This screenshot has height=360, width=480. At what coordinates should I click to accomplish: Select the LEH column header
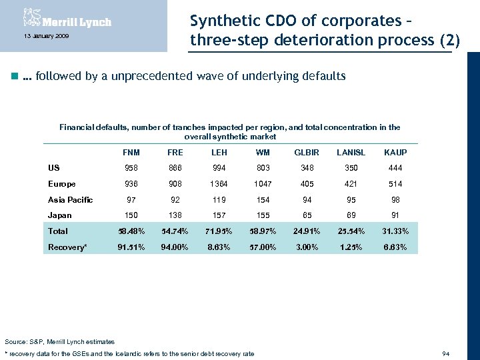pyautogui.click(x=219, y=153)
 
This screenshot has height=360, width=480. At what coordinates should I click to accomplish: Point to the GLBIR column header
pyautogui.click(x=307, y=153)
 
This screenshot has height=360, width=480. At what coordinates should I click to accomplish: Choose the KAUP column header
pyautogui.click(x=395, y=153)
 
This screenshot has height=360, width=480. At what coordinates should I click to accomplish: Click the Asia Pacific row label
pyautogui.click(x=70, y=199)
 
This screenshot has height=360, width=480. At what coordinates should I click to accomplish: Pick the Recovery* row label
pyautogui.click(x=67, y=247)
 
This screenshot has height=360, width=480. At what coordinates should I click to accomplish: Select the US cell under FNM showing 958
pyautogui.click(x=131, y=168)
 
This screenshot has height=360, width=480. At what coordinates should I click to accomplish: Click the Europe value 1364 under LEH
pyautogui.click(x=219, y=184)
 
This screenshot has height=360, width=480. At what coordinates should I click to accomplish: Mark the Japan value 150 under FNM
pyautogui.click(x=131, y=215)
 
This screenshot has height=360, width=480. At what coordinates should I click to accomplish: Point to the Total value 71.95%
pyautogui.click(x=219, y=231)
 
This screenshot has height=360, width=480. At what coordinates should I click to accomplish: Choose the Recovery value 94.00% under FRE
pyautogui.click(x=175, y=247)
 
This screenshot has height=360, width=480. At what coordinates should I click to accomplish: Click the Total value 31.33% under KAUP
pyautogui.click(x=395, y=231)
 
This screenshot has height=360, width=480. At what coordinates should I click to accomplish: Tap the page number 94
pyautogui.click(x=446, y=353)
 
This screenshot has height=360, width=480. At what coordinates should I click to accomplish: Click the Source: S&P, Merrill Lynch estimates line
pyautogui.click(x=59, y=342)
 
